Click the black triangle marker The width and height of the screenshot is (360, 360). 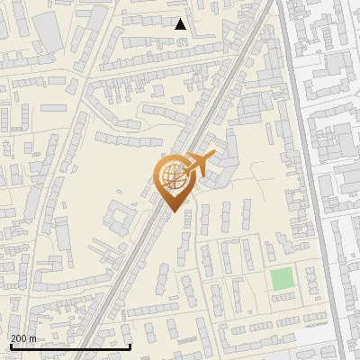(181, 24)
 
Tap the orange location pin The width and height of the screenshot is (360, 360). (175, 181)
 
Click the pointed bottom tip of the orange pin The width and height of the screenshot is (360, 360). (174, 211)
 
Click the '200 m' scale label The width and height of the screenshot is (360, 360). (23, 338)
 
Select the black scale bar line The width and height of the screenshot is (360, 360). (70, 346)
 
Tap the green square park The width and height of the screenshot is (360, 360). (283, 279)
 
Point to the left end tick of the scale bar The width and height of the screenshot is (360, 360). (10, 346)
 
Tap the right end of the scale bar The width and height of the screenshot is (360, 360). (131, 346)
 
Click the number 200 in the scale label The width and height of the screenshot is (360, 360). (19, 338)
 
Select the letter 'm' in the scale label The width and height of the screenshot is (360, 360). (33, 338)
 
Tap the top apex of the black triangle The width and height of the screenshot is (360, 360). (181, 18)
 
